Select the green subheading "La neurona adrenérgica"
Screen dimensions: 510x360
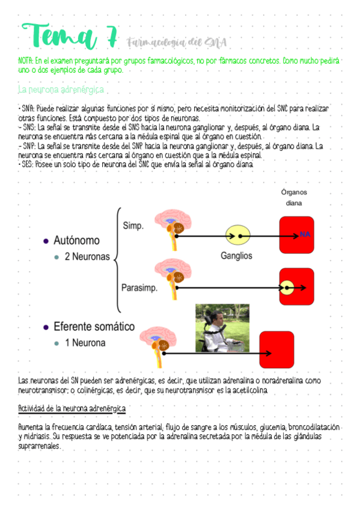tap(61, 90)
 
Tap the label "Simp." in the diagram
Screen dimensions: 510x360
tap(133, 226)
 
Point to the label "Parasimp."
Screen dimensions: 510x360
tap(139, 287)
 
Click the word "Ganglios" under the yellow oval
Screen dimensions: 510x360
tap(236, 256)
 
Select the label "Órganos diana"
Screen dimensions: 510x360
tap(294, 197)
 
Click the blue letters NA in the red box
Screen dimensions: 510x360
tap(305, 234)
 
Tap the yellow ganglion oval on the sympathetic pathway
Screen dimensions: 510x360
tap(237, 235)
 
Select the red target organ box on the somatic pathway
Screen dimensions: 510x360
tap(276, 349)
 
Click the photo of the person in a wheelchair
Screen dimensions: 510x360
tap(222, 328)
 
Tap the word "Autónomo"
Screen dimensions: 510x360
tap(77, 241)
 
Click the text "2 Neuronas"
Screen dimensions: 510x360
tap(87, 257)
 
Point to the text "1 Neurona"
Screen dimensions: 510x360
tap(85, 343)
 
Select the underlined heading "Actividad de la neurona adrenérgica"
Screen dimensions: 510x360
tap(72, 409)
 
